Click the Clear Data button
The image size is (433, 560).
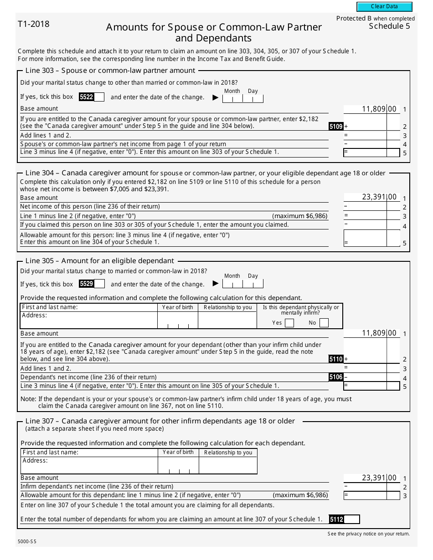384,7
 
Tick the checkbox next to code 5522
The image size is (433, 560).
99,97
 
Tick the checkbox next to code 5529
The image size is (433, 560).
99,284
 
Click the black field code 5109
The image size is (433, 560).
335,127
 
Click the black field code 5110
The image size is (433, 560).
335,359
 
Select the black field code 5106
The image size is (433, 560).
335,377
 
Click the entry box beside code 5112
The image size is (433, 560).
352,519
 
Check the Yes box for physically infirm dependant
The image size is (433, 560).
289,323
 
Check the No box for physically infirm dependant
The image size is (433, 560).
324,323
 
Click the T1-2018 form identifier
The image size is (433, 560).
34,24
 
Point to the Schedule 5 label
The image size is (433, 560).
389,26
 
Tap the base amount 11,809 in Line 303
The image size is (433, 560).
374,109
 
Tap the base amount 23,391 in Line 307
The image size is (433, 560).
374,478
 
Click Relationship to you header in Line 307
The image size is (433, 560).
228,453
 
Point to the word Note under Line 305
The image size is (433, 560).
25,399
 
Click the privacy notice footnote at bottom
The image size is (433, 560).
368,534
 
